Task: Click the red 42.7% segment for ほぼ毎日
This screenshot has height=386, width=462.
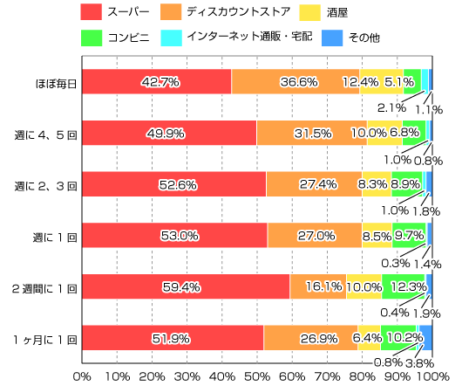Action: pos(157,81)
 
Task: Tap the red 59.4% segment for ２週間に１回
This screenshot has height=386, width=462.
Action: pos(186,286)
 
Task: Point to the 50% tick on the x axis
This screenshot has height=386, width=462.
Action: pos(257,376)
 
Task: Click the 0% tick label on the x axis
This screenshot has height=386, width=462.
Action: pos(82,376)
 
